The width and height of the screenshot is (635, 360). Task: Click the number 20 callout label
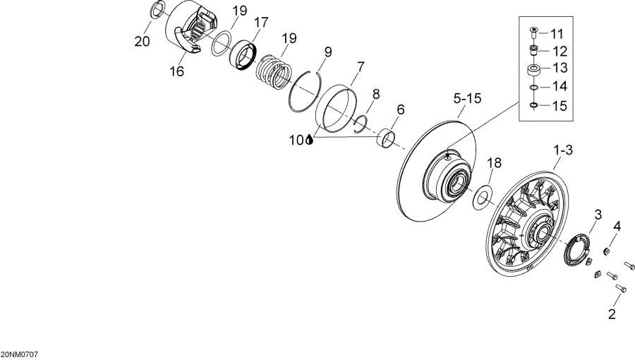point(143,42)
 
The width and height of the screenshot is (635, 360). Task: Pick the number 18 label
point(495,163)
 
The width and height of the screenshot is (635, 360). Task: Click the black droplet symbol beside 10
point(310,140)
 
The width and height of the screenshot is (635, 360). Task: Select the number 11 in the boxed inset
point(557,34)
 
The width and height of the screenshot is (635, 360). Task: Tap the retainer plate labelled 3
point(581,249)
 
